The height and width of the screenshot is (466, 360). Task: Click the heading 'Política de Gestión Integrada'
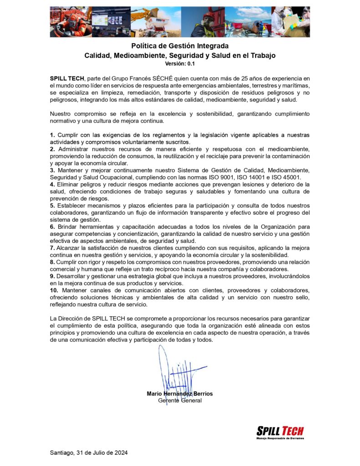pyautogui.click(x=180, y=46)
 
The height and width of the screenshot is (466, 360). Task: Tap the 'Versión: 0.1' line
pyautogui.click(x=180, y=64)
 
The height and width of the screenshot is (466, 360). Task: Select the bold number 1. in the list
pyautogui.click(x=52, y=135)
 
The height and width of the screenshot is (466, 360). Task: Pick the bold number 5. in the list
pyautogui.click(x=52, y=205)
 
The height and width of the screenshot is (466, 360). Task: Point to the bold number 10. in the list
pyautogui.click(x=54, y=290)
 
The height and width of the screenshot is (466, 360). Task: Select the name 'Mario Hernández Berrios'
pyautogui.click(x=179, y=394)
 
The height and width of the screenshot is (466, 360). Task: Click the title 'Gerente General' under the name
pyautogui.click(x=179, y=400)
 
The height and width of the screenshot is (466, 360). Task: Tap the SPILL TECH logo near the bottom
pyautogui.click(x=280, y=431)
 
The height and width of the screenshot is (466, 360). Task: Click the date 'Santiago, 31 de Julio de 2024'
pyautogui.click(x=88, y=453)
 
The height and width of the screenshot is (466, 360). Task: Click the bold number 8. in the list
pyautogui.click(x=52, y=262)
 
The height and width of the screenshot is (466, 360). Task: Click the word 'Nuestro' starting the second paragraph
pyautogui.click(x=61, y=114)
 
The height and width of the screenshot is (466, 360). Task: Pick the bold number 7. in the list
pyautogui.click(x=52, y=248)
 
